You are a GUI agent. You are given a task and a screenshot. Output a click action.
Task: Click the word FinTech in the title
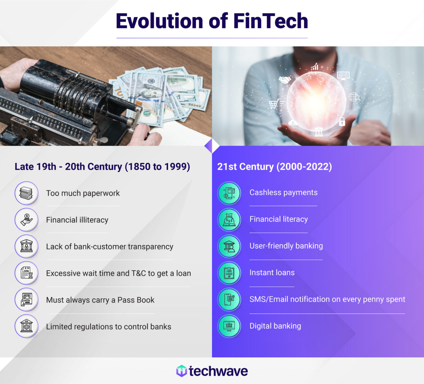tap(270, 21)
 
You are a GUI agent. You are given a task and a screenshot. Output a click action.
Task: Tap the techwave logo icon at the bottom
tap(182, 371)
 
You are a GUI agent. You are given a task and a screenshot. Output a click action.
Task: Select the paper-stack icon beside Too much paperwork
tap(26, 193)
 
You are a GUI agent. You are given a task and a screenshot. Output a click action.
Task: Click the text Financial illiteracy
tap(77, 220)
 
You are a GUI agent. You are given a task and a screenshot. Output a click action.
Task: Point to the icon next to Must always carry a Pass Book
tap(26, 300)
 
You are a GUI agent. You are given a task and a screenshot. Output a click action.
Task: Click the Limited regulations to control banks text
tap(109, 326)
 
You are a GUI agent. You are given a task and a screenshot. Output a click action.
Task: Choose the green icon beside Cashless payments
tap(229, 193)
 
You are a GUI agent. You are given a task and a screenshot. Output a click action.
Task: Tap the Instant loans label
tap(272, 272)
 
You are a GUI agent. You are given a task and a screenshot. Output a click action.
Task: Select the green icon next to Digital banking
tap(229, 326)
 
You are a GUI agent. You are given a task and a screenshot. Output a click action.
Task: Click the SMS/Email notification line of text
tap(327, 299)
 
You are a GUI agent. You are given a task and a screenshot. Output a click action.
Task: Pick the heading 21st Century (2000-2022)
tap(274, 166)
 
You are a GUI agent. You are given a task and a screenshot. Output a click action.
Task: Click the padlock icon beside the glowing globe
tap(342, 121)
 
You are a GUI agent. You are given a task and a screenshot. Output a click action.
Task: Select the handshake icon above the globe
tap(284, 80)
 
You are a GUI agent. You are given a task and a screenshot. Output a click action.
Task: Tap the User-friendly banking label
tap(286, 246)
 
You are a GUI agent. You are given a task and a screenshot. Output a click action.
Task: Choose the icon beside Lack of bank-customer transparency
tap(26, 246)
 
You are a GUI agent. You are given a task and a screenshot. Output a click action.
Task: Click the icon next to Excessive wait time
tap(26, 273)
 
